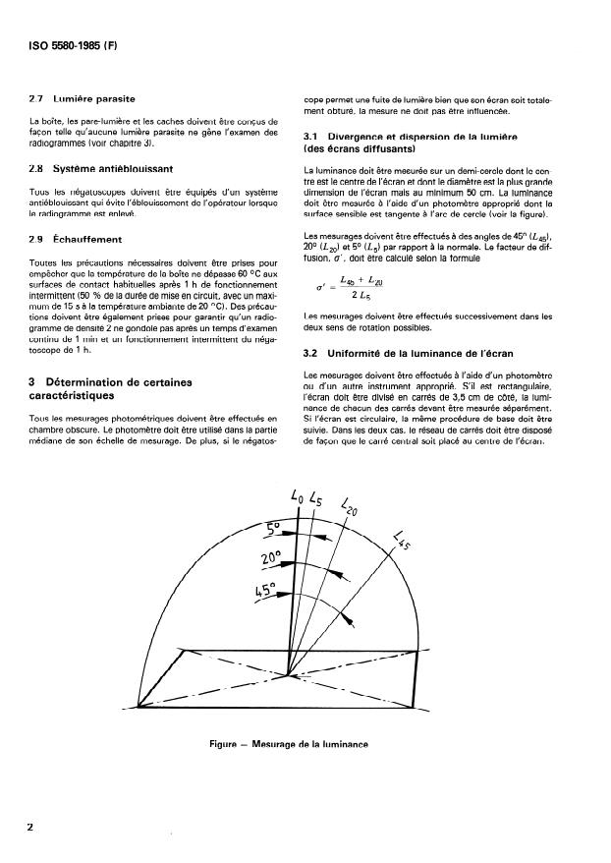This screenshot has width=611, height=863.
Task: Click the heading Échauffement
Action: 88,239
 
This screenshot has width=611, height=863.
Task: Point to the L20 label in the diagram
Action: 351,508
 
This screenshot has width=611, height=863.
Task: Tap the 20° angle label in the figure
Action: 270,558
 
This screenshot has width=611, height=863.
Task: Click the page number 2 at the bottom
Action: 29,827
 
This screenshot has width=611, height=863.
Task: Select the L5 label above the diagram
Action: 316,499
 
